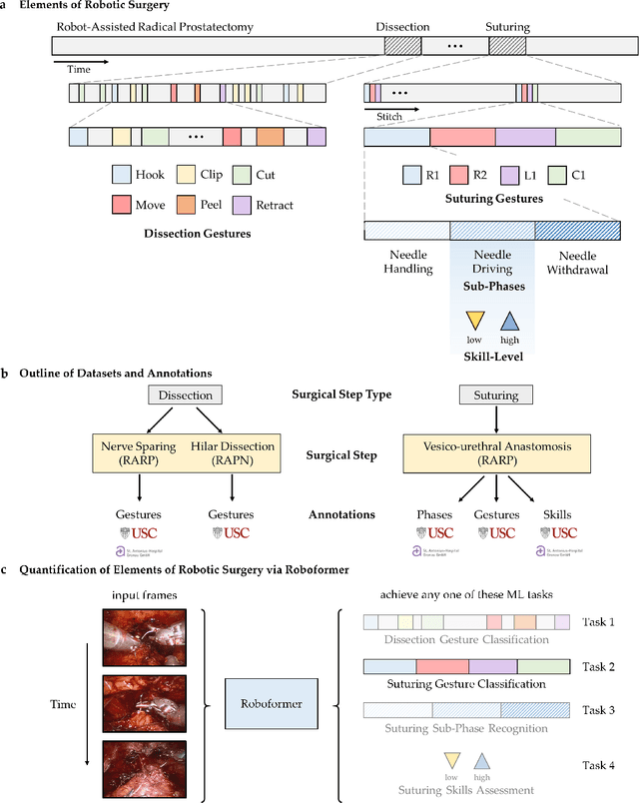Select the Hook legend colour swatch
point(122,176)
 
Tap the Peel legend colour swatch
point(182,205)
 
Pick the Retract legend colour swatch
point(241,205)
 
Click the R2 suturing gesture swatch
point(459,176)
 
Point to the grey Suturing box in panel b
point(496,396)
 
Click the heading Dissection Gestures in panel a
point(190,234)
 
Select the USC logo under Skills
point(564,532)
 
